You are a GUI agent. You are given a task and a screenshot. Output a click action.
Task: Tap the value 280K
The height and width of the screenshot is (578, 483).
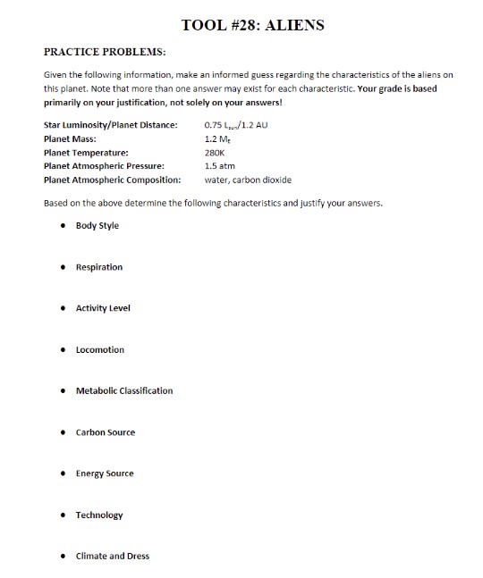pyautogui.click(x=215, y=153)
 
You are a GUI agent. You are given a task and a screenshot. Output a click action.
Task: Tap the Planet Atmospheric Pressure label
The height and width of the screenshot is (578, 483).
pyautogui.click(x=104, y=166)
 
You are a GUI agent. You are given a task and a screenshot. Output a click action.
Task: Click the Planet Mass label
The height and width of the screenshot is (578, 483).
pyautogui.click(x=70, y=139)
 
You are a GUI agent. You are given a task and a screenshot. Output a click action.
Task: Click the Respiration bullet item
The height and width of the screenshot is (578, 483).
pyautogui.click(x=99, y=267)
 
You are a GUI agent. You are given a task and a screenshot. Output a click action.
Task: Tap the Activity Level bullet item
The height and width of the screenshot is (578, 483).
pyautogui.click(x=103, y=308)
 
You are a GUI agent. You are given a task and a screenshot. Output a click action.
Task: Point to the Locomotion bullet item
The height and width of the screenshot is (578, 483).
pyautogui.click(x=100, y=349)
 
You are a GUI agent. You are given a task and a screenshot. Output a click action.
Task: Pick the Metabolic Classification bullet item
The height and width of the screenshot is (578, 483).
pyautogui.click(x=124, y=390)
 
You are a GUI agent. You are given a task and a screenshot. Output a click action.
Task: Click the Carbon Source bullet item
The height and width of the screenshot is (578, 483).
pyautogui.click(x=106, y=432)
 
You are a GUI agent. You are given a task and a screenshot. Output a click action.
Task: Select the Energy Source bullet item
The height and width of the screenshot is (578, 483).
pyautogui.click(x=105, y=473)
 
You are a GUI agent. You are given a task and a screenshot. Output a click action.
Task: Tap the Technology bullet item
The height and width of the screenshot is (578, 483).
pyautogui.click(x=99, y=515)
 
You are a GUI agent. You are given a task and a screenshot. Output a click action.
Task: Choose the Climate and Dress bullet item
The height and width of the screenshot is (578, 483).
pyautogui.click(x=113, y=556)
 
